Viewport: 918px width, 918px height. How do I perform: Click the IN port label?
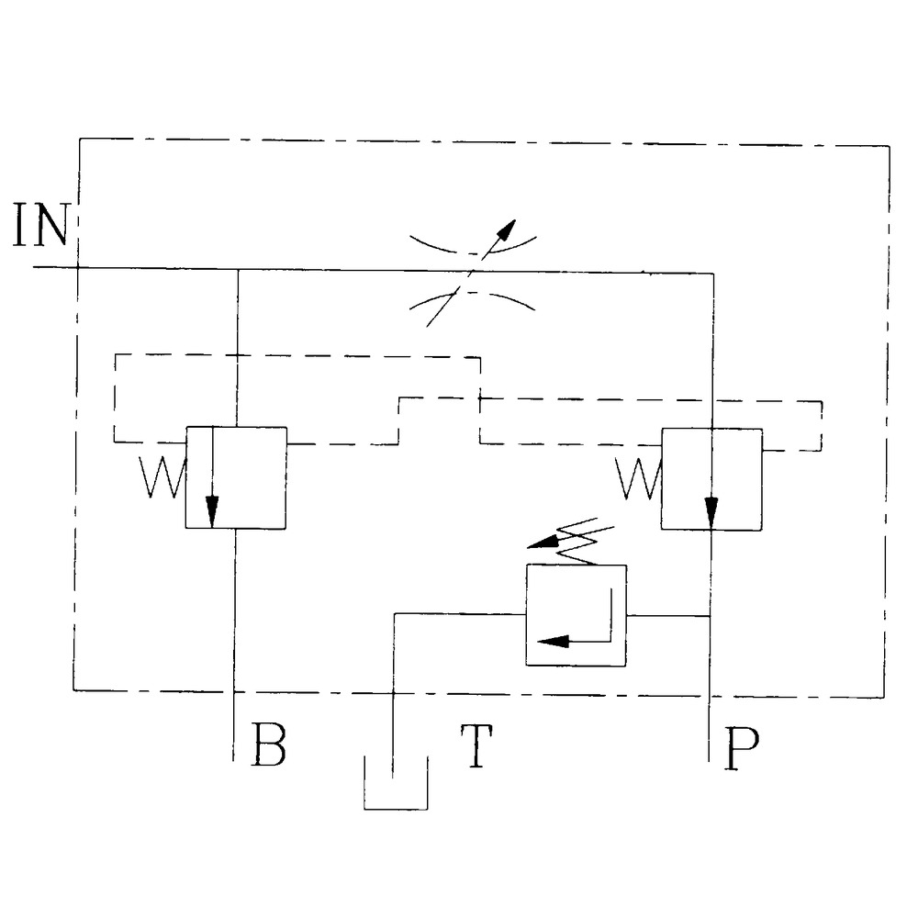(41, 227)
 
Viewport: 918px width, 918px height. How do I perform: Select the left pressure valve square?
(236, 477)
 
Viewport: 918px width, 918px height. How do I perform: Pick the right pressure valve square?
(711, 478)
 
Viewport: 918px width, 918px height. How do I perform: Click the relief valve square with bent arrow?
(576, 614)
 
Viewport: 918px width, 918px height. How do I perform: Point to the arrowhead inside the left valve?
(212, 509)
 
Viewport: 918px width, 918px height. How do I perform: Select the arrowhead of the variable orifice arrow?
(506, 229)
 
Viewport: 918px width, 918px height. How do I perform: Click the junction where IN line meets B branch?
(237, 269)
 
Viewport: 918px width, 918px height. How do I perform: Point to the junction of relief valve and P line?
(711, 615)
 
